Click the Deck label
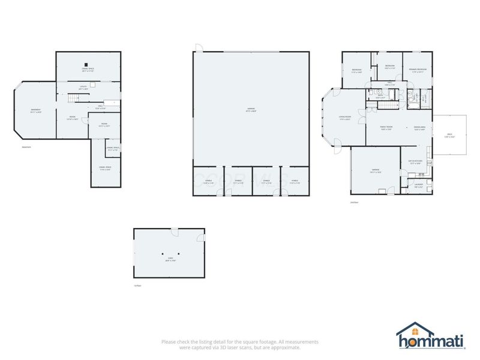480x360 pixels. click(449, 135)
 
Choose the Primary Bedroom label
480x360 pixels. click(418, 70)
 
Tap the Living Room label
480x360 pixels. click(344, 118)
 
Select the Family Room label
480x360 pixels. click(386, 127)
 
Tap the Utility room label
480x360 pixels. click(83, 88)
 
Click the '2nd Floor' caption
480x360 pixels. click(354, 203)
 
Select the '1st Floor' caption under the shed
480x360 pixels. click(137, 286)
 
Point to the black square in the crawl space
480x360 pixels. click(86, 64)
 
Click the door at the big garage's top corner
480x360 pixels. click(199, 47)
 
